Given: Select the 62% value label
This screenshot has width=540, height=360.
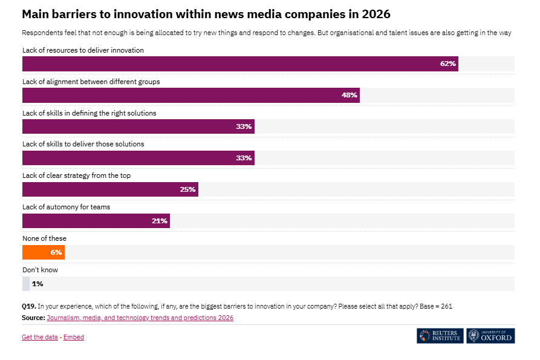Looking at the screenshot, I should point(447,64).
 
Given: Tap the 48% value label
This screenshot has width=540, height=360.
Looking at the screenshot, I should point(350,95).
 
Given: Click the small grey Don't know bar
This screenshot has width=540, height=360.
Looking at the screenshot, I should point(25,284).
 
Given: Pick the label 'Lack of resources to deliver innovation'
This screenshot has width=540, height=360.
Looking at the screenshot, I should point(83,50).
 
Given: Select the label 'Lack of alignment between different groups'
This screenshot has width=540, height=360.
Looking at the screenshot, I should point(91,82).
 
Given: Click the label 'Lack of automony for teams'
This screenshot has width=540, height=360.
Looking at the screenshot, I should point(66,207).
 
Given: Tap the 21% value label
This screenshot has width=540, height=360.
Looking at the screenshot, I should point(160,221).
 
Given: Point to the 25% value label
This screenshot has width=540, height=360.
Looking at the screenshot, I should point(187,189).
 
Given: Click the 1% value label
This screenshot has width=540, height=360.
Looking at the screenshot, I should point(37,284).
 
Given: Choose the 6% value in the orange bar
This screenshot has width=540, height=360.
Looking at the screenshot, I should point(56,252).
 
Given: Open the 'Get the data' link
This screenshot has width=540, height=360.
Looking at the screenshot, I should point(40,337).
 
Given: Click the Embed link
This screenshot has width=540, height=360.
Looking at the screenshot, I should point(74,337).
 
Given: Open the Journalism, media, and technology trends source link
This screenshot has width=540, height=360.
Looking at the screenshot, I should point(140,318).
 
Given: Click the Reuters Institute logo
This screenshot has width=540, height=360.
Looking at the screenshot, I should point(440,336).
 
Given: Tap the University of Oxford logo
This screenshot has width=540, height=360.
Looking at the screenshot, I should point(490,336).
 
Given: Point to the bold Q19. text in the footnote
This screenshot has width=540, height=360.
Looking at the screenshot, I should point(29,306).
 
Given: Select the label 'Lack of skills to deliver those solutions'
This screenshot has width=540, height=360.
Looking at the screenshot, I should point(83,144).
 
